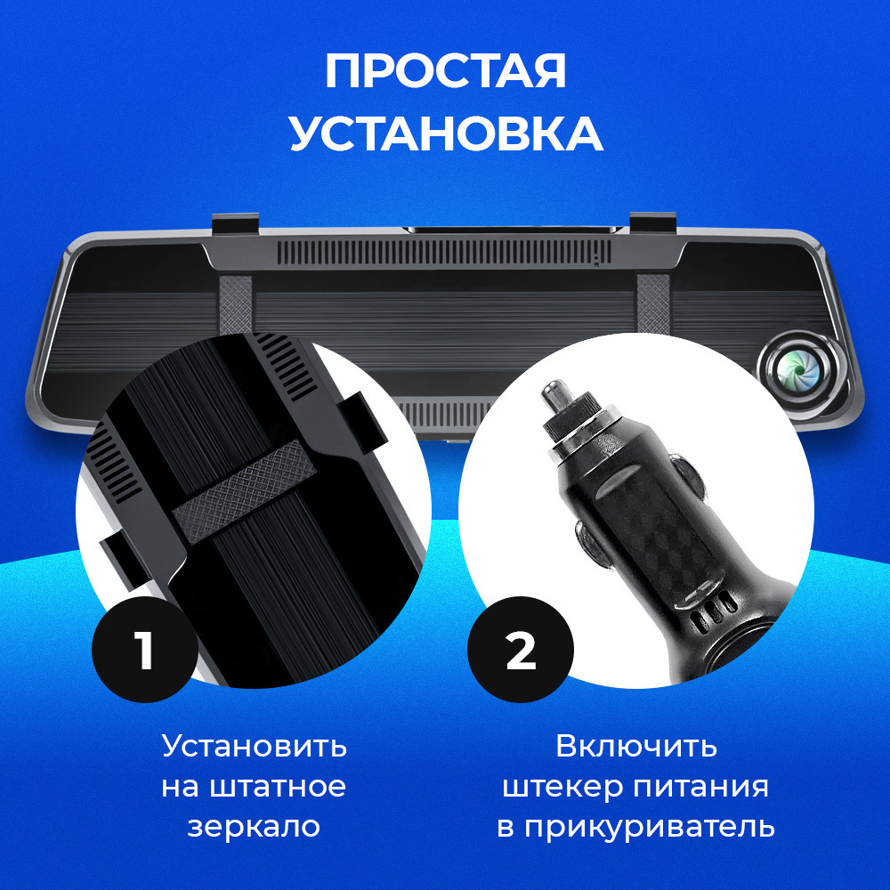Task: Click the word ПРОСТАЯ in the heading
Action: pos(446,71)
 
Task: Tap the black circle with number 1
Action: pos(145,650)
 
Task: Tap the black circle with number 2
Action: pos(521,650)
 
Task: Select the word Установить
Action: pos(255,746)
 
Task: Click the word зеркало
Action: pos(254,827)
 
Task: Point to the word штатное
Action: pos(278,788)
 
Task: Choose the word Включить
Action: pos(636,746)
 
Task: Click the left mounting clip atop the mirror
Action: pos(236,223)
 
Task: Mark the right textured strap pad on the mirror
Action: pos(653,304)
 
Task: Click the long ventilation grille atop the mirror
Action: pos(444,253)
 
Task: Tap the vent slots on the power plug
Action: pos(712,612)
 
